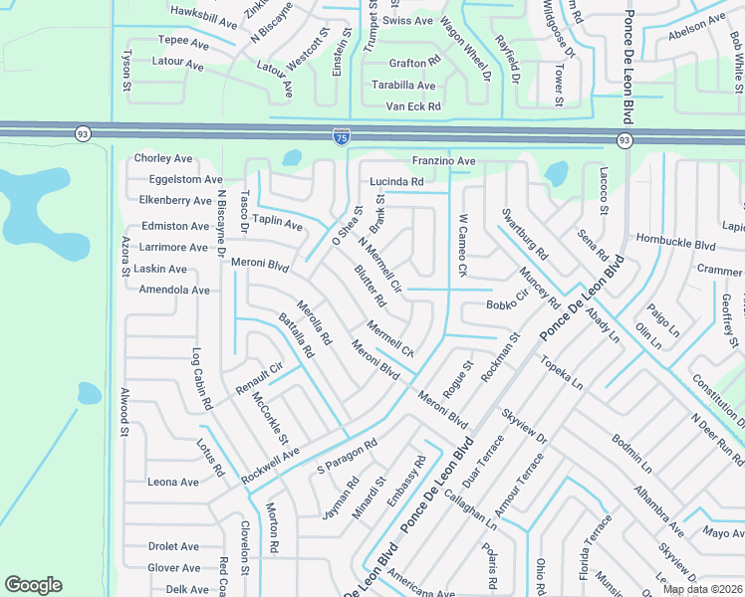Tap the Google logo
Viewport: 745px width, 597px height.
click(x=33, y=585)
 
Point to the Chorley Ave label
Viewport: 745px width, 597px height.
click(x=163, y=158)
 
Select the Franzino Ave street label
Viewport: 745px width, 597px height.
click(x=443, y=161)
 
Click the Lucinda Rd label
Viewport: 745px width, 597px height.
click(x=396, y=182)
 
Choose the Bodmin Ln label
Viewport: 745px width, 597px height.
click(x=631, y=452)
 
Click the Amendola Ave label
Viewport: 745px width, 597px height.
click(x=174, y=290)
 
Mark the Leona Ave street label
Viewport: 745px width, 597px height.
click(x=173, y=482)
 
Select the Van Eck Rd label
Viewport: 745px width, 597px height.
click(x=412, y=106)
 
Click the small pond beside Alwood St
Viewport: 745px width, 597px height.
click(x=88, y=393)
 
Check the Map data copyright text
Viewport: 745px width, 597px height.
click(x=702, y=589)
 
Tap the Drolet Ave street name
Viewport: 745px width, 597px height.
click(x=173, y=546)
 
